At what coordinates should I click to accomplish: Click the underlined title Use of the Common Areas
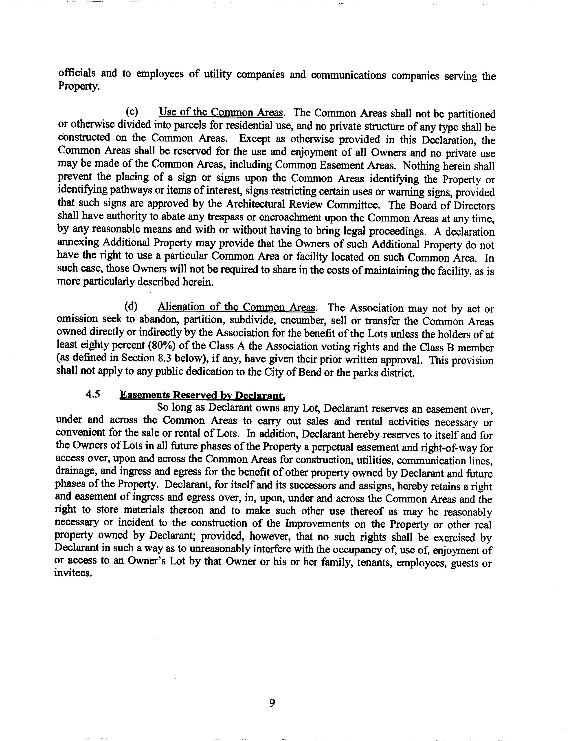pyautogui.click(x=221, y=112)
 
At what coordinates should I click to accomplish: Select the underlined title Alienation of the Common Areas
pyautogui.click(x=237, y=307)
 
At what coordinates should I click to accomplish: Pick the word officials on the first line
pyautogui.click(x=77, y=73)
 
